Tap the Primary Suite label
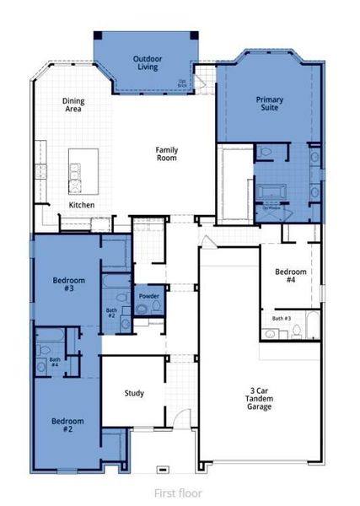tap(270, 104)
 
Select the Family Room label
tap(166, 153)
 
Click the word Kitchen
tap(82, 205)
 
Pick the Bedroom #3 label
tap(63, 284)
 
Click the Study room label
tap(134, 393)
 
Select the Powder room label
tap(149, 296)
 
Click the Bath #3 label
tap(282, 318)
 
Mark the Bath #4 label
tap(54, 363)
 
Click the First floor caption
tap(178, 493)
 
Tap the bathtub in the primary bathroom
tap(272, 192)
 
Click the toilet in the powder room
tap(141, 310)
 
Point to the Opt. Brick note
tap(182, 83)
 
